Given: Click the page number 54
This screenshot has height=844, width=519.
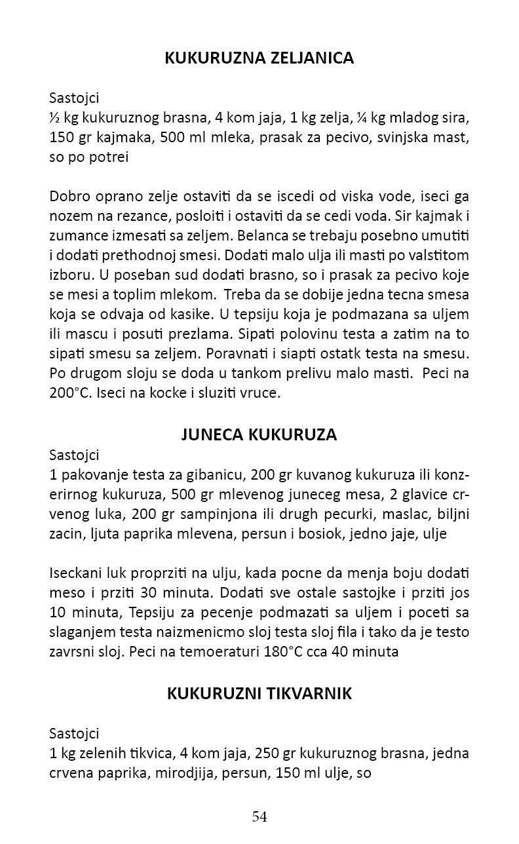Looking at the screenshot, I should point(259,816).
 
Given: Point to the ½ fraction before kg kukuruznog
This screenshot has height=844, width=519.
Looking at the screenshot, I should point(54,119).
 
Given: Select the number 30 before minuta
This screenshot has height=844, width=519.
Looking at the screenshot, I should point(155,594).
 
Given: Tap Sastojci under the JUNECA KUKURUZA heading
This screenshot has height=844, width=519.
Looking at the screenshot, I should point(74,454).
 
